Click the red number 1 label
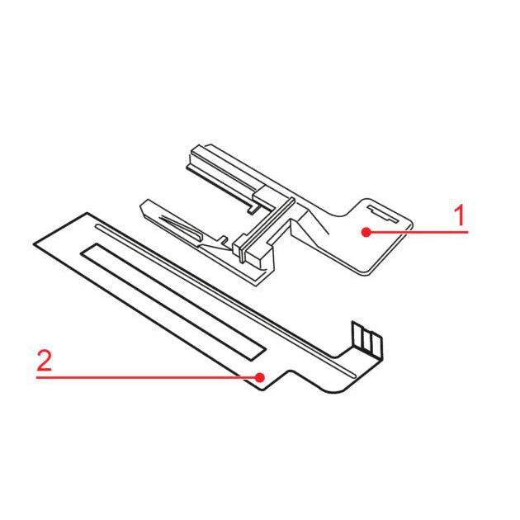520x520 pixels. coord(460,215)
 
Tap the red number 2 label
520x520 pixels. coord(44,361)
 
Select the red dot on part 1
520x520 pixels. coord(366,232)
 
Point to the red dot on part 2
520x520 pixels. coord(260,377)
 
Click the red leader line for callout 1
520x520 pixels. coord(417,232)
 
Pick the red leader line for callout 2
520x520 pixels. coord(148,377)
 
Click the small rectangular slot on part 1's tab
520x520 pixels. coord(383,215)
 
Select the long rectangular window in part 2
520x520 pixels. coord(173,302)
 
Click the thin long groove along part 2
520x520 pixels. coord(225,300)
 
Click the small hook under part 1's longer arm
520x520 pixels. coord(253,208)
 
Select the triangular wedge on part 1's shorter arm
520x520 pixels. coord(181,226)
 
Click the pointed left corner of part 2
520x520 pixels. coord(34,244)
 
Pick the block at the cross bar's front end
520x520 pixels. coord(253,251)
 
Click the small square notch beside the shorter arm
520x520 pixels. coord(225,239)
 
